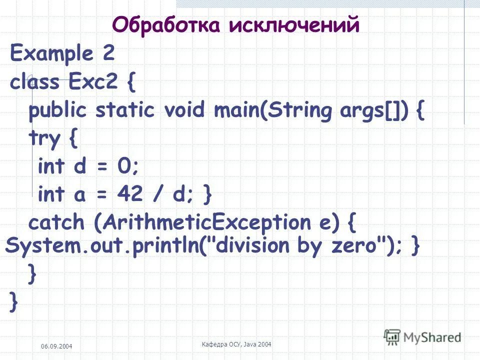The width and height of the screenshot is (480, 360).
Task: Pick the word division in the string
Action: (253, 246)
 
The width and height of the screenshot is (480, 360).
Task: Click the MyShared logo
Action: (422, 336)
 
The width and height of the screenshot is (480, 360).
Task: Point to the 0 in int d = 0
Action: (123, 166)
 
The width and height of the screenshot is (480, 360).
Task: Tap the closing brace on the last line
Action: (14, 301)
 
